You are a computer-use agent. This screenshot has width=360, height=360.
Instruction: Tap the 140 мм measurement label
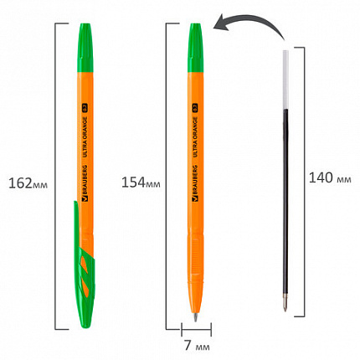[x=332, y=177]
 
